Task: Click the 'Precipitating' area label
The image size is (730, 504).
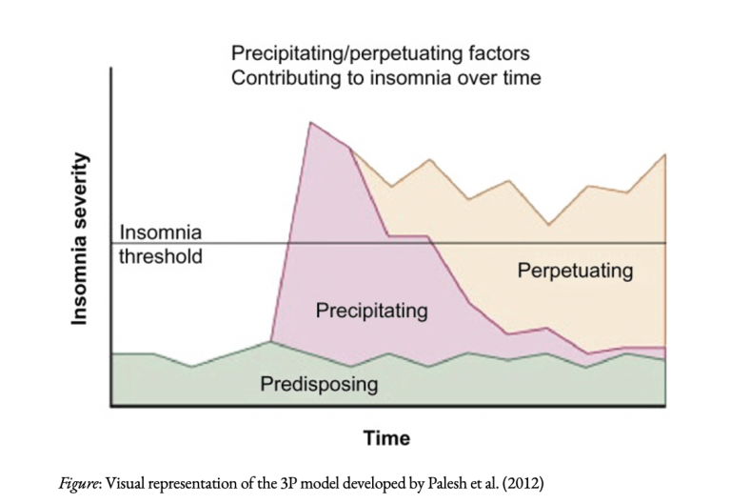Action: click(x=371, y=311)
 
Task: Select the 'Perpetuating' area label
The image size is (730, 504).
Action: click(x=575, y=271)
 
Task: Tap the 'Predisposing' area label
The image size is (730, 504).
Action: click(x=319, y=385)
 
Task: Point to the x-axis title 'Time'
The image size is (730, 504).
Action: click(x=386, y=438)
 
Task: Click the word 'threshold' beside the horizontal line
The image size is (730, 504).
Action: click(x=161, y=256)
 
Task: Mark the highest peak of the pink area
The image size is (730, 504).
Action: click(x=310, y=122)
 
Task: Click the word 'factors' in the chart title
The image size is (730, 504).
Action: click(x=501, y=53)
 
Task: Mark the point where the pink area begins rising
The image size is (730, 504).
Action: click(x=271, y=340)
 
